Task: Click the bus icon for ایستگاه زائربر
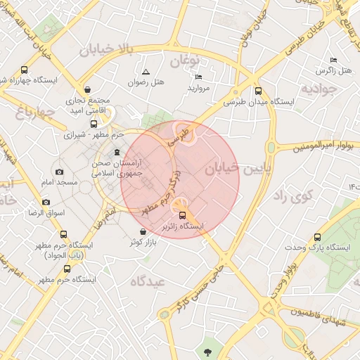pyautogui.click(x=183, y=215)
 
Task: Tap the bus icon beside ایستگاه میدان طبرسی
pyautogui.click(x=258, y=91)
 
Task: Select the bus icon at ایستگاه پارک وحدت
pyautogui.click(x=316, y=237)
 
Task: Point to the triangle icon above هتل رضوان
pyautogui.click(x=146, y=72)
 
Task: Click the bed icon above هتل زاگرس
pyautogui.click(x=333, y=60)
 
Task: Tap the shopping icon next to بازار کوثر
pyautogui.click(x=143, y=231)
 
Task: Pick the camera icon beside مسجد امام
pyautogui.click(x=59, y=172)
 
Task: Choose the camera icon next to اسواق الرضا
pyautogui.click(x=46, y=202)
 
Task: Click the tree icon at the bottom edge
pyautogui.click(x=207, y=351)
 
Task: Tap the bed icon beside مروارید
pyautogui.click(x=198, y=77)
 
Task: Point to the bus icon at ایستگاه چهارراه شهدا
pyautogui.click(x=24, y=70)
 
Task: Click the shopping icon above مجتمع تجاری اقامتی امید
pyautogui.click(x=86, y=89)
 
